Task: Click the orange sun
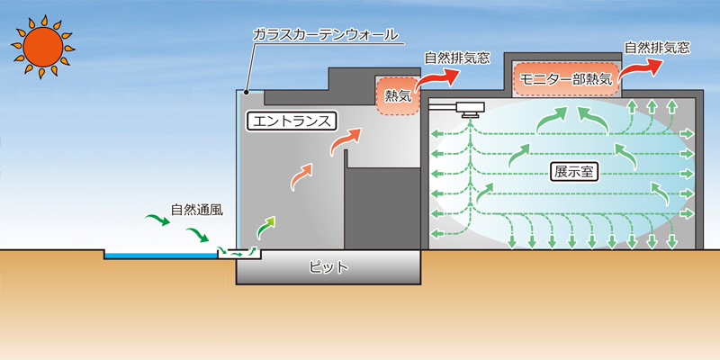(43, 47)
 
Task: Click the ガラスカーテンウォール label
(326, 35)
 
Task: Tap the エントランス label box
(291, 121)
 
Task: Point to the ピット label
(328, 267)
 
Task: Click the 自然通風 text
(197, 210)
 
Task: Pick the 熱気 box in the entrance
(398, 96)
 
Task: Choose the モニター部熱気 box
(566, 78)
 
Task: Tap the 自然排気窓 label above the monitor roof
(657, 48)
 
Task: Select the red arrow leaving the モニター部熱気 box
(640, 70)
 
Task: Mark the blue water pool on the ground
(161, 255)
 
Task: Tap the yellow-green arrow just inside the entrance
(265, 227)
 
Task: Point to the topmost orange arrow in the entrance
(346, 140)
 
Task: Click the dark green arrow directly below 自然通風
(197, 234)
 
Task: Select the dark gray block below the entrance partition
(382, 209)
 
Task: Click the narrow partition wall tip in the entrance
(346, 151)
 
